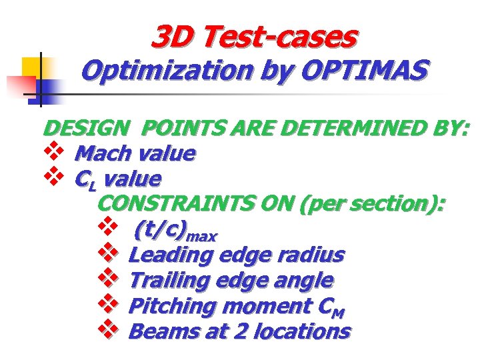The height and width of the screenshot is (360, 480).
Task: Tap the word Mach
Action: point(103,154)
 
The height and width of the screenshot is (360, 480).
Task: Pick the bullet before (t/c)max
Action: point(107,228)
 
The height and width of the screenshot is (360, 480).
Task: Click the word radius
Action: point(314,255)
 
